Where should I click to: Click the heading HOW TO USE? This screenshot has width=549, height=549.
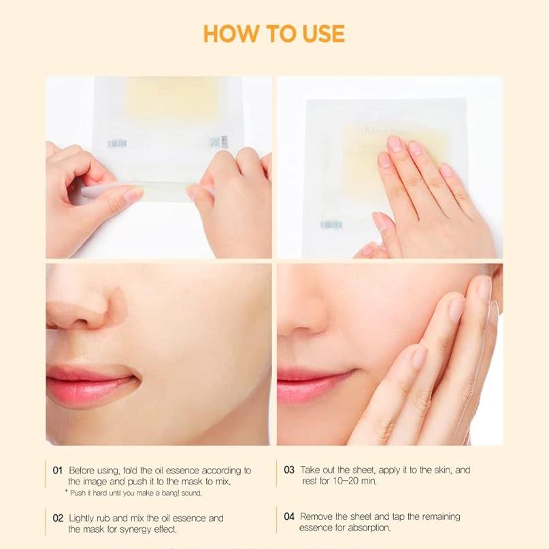click(273, 33)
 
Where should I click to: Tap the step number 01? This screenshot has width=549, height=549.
click(58, 470)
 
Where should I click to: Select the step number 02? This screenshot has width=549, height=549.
click(59, 518)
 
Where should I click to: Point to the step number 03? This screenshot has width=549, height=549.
click(289, 470)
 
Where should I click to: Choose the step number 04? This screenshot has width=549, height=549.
click(289, 516)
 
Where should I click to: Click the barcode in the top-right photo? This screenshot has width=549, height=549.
click(331, 224)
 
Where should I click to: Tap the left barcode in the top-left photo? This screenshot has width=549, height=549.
click(117, 144)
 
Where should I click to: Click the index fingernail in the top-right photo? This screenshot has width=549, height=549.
click(395, 144)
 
